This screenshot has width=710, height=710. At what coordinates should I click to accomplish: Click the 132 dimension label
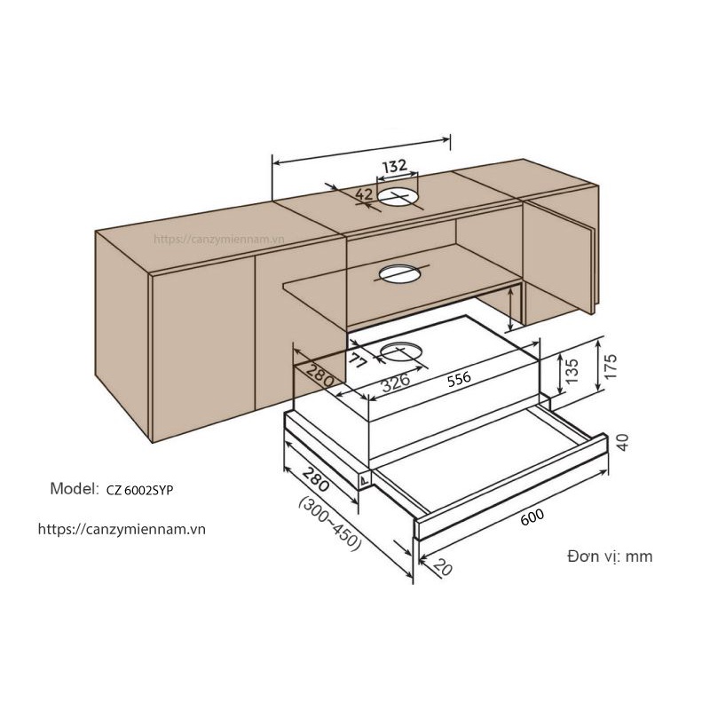click(x=395, y=166)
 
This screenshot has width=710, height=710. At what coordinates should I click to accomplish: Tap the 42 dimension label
click(x=364, y=194)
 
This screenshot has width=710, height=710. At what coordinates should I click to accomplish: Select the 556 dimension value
click(x=458, y=378)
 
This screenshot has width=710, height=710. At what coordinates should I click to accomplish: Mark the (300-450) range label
click(x=329, y=524)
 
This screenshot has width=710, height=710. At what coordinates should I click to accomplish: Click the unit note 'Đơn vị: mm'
click(x=609, y=556)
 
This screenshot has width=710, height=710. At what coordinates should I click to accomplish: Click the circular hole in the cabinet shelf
click(x=399, y=272)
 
